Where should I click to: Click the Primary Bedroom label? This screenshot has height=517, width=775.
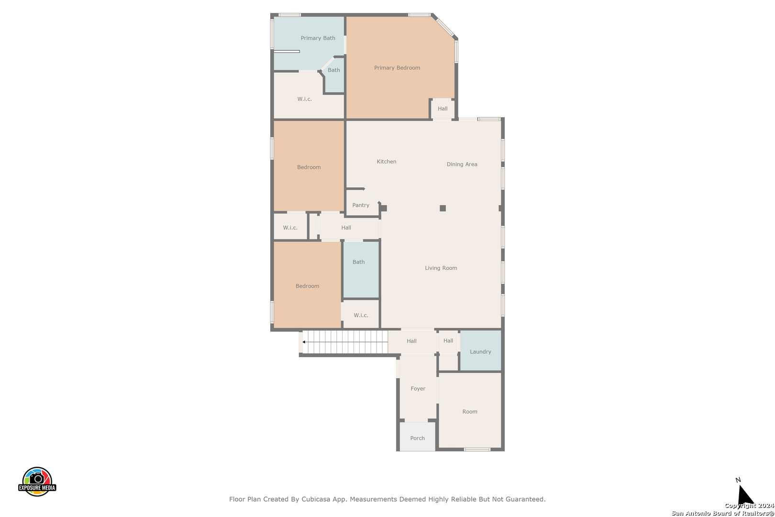tap(397, 68)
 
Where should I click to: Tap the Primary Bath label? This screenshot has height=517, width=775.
tap(318, 38)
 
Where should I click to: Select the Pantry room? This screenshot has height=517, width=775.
tap(361, 205)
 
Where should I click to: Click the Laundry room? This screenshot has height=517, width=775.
tap(480, 352)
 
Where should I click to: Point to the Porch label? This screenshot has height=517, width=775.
tap(417, 438)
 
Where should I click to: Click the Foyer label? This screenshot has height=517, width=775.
tap(418, 389)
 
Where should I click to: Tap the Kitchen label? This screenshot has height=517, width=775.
tap(386, 162)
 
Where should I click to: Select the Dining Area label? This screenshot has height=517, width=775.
tap(462, 164)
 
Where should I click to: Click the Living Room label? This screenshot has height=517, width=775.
tap(441, 268)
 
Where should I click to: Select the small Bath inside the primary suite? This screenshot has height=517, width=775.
tap(334, 70)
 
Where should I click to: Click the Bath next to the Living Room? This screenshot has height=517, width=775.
tap(359, 262)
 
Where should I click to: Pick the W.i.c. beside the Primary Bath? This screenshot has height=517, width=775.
tap(304, 99)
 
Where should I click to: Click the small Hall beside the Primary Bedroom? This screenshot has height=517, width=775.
tap(443, 109)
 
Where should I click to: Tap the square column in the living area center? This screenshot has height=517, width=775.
tap(443, 208)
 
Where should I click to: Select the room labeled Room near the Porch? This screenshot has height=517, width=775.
tap(469, 412)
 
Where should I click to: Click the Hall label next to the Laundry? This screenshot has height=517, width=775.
tap(448, 341)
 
